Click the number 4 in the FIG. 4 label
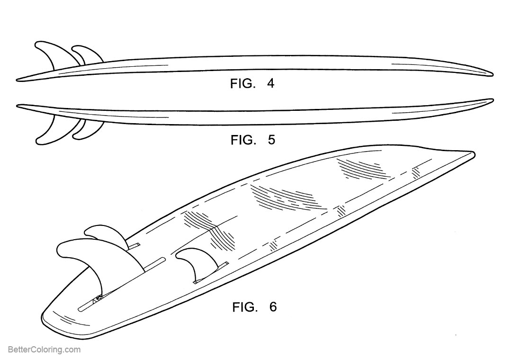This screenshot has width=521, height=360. pos(271,83)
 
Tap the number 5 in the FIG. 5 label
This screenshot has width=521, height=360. pos(271,140)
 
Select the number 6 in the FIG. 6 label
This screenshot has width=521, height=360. pos(273,306)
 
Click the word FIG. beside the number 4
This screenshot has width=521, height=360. pos(243,83)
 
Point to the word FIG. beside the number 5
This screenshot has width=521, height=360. pos(243,140)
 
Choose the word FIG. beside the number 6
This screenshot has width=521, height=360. pos(245,306)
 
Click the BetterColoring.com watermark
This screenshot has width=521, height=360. pos(44,350)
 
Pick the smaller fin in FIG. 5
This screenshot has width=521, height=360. pos(88,131)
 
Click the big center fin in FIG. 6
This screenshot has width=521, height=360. pos(88,262)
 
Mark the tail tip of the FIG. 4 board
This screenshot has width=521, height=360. pos(17,80)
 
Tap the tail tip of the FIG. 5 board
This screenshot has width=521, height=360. pos(17,106)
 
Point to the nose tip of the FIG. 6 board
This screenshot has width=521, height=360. pos(474,153)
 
